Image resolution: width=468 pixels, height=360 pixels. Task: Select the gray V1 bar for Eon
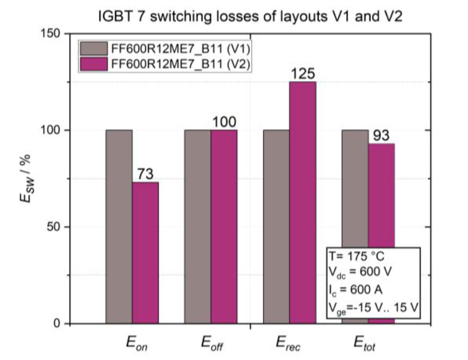(x=119, y=226)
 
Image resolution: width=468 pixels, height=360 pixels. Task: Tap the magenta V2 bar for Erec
(x=303, y=202)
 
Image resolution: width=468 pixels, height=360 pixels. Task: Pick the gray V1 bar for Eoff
(x=197, y=226)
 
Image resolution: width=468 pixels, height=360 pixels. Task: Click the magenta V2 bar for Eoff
(x=224, y=226)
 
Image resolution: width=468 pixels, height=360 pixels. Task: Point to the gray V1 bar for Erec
(x=276, y=226)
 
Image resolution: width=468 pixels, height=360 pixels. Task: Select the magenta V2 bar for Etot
(x=381, y=188)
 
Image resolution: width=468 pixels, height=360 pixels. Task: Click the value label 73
(x=145, y=174)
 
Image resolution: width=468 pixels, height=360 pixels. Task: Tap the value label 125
(x=303, y=74)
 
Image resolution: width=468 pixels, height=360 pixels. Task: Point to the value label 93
(x=382, y=136)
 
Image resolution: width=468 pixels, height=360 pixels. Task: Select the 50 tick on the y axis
(x=55, y=227)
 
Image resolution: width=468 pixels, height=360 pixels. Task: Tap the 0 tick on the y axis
(x=58, y=324)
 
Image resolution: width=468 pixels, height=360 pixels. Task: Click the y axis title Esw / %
(x=25, y=179)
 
